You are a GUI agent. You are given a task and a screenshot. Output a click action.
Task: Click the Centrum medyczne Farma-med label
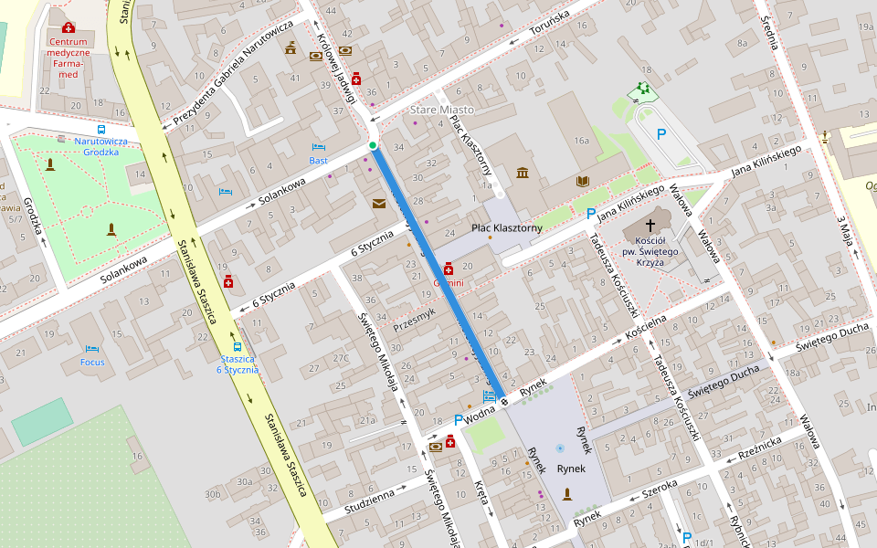(69, 58)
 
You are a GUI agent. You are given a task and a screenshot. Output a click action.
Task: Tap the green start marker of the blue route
(373, 145)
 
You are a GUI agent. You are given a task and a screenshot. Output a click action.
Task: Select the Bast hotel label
(318, 161)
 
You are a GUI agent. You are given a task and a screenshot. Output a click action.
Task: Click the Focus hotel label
(92, 362)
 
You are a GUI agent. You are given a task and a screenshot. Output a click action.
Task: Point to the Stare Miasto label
(442, 110)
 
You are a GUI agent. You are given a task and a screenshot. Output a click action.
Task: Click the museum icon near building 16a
(522, 174)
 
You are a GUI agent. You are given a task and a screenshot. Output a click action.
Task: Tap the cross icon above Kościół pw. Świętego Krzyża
(651, 225)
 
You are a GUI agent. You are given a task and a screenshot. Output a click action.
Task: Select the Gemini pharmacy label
(449, 283)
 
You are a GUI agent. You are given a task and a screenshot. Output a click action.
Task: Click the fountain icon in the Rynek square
(560, 448)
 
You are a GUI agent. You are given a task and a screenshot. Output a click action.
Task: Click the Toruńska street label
(549, 27)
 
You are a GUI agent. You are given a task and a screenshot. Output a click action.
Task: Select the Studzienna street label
(370, 501)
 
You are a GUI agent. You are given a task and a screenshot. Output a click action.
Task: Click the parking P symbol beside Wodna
(459, 419)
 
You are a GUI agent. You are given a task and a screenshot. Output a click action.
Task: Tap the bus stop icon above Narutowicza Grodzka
(100, 130)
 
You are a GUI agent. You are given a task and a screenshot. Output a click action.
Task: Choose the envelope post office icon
(379, 203)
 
